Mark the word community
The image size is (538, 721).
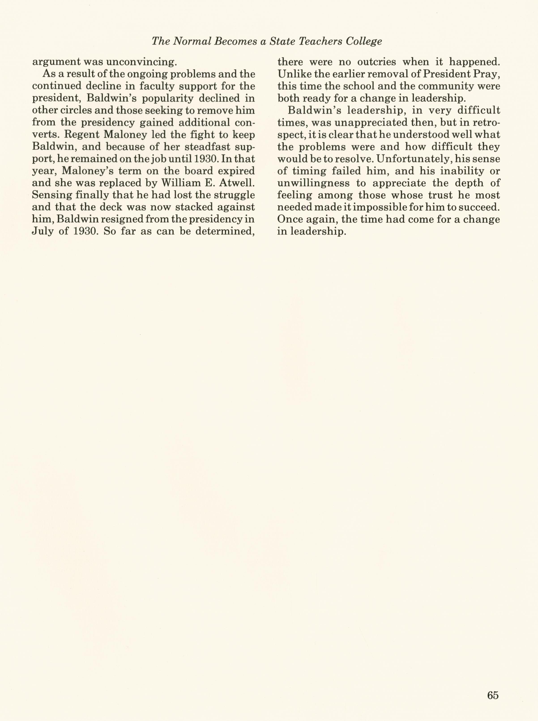point(443,86)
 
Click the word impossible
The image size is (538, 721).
point(386,207)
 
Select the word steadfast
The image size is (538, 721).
point(208,147)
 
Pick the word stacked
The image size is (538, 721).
point(192,207)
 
